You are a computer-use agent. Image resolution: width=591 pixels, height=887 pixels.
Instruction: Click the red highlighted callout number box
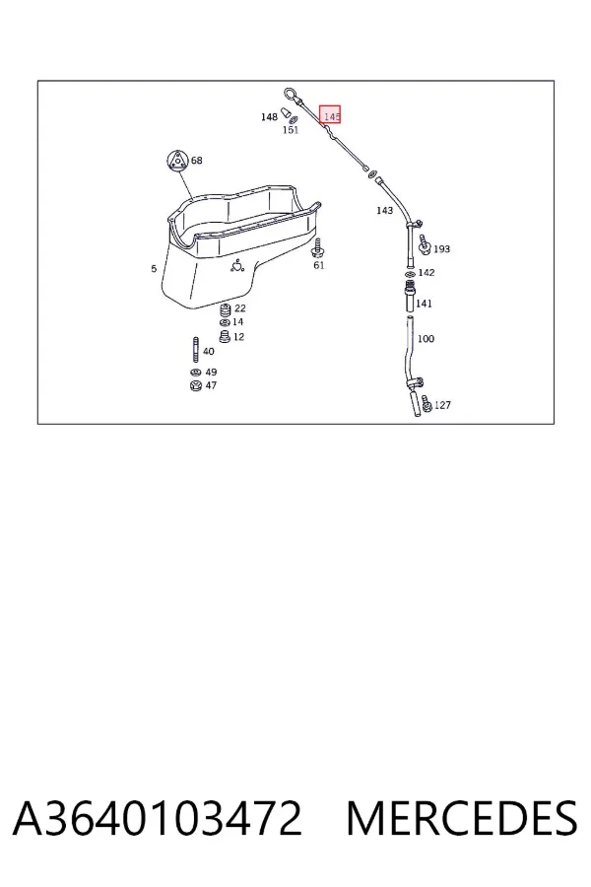click(x=330, y=114)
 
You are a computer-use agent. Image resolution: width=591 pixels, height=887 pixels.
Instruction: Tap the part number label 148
click(x=269, y=117)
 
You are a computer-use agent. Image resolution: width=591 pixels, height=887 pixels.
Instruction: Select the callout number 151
click(x=291, y=130)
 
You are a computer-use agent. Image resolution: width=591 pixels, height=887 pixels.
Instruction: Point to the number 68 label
click(x=196, y=161)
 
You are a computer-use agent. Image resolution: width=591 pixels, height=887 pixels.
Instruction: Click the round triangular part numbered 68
click(x=177, y=160)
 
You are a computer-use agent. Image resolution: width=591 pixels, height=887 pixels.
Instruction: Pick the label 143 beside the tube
click(x=384, y=211)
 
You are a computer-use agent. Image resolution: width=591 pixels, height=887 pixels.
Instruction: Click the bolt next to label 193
click(x=425, y=245)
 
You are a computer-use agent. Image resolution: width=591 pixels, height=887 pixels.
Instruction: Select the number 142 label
click(x=427, y=273)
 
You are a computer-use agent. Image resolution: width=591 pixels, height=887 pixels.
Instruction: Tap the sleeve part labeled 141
click(x=410, y=298)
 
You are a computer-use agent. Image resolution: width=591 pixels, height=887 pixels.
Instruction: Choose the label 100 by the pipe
click(x=426, y=339)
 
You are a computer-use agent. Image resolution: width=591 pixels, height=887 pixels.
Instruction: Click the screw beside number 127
click(x=427, y=403)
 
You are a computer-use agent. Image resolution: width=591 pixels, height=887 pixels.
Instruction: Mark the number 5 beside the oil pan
click(x=154, y=269)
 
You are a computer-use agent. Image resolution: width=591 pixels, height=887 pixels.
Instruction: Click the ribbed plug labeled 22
click(x=225, y=310)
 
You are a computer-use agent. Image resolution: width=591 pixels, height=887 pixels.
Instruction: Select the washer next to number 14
click(x=224, y=322)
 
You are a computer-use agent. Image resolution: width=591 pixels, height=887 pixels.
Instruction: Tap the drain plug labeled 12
click(x=225, y=337)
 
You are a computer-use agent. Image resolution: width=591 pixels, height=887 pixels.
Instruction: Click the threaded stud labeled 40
click(x=196, y=350)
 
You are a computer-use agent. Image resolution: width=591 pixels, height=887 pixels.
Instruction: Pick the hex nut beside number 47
click(x=195, y=385)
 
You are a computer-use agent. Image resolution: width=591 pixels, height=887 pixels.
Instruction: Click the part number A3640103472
click(x=158, y=818)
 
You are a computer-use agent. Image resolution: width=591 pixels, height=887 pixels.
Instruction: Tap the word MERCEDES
click(x=462, y=818)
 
